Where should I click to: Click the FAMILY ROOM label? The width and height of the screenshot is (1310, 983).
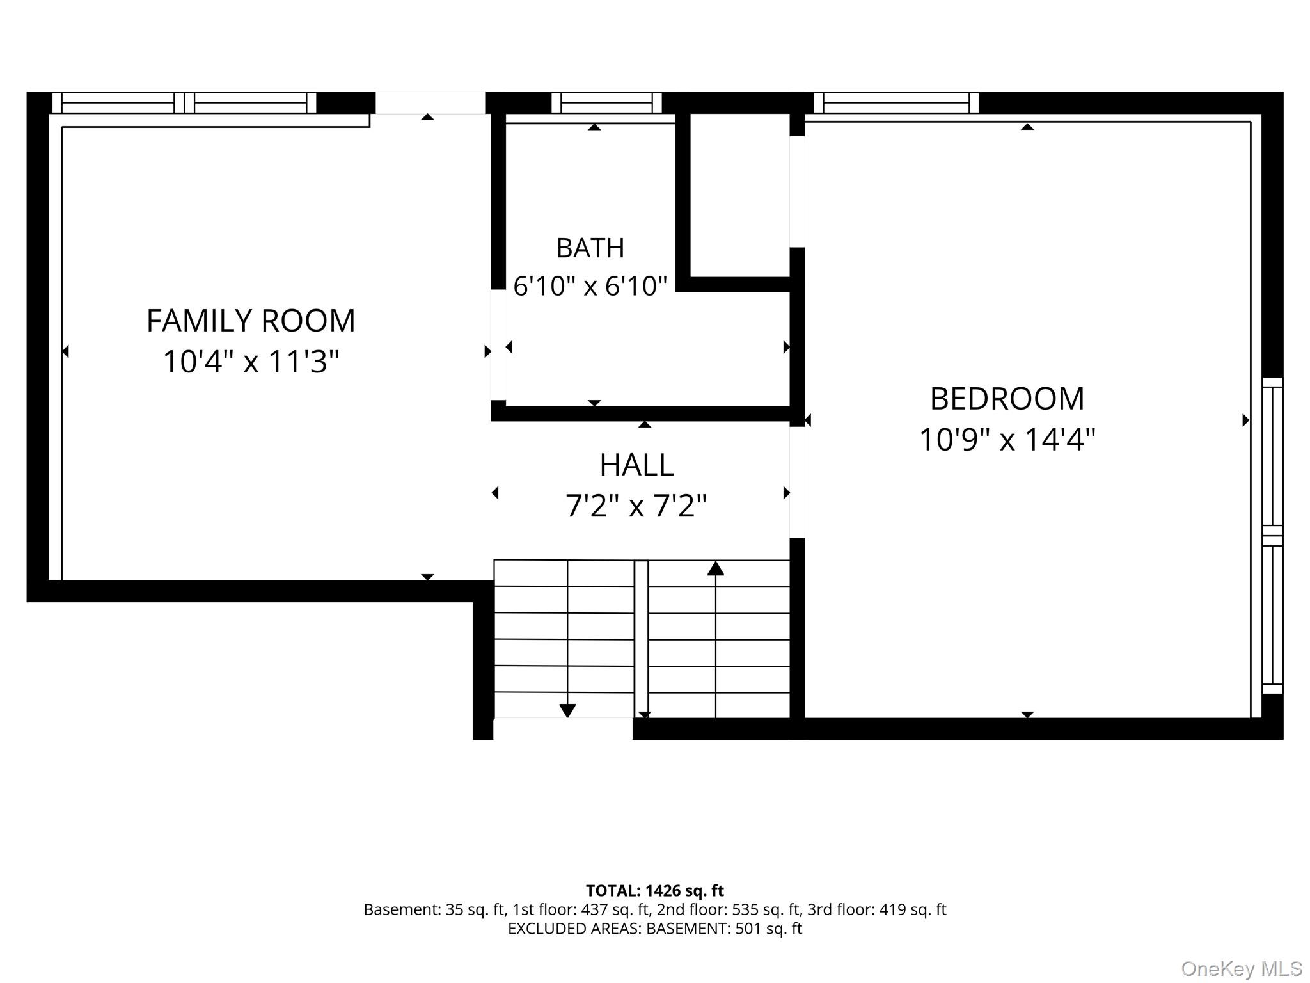coord(251,321)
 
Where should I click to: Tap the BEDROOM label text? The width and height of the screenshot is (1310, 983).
coord(1007,399)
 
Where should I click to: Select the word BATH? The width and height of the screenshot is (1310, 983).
coord(590,248)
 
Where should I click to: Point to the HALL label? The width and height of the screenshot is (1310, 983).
coord(636,465)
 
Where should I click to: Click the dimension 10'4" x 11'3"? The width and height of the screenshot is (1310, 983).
coord(251,362)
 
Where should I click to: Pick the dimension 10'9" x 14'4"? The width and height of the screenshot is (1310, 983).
coord(1007,440)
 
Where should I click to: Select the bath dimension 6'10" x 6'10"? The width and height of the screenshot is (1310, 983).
coord(590,286)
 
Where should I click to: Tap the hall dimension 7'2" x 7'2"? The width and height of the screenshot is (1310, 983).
coord(636,506)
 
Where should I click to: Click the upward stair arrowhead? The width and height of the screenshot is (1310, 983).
coord(716,568)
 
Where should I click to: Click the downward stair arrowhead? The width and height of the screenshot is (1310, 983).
coord(567,710)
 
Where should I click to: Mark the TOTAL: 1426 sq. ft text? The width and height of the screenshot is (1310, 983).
coord(654,891)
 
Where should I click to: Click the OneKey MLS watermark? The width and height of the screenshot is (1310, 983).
coord(1242,969)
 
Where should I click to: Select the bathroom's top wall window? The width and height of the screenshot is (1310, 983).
coord(606,102)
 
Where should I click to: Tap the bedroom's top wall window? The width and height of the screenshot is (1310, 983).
coord(896,102)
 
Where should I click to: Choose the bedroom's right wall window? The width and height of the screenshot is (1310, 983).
coord(1273,536)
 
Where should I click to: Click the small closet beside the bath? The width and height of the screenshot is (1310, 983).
coord(740,195)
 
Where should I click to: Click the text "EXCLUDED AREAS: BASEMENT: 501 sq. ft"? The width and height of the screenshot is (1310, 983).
coord(654,929)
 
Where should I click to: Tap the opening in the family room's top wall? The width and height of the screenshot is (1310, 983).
coord(430,102)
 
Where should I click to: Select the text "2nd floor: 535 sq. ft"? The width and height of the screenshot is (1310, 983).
coord(731,909)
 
